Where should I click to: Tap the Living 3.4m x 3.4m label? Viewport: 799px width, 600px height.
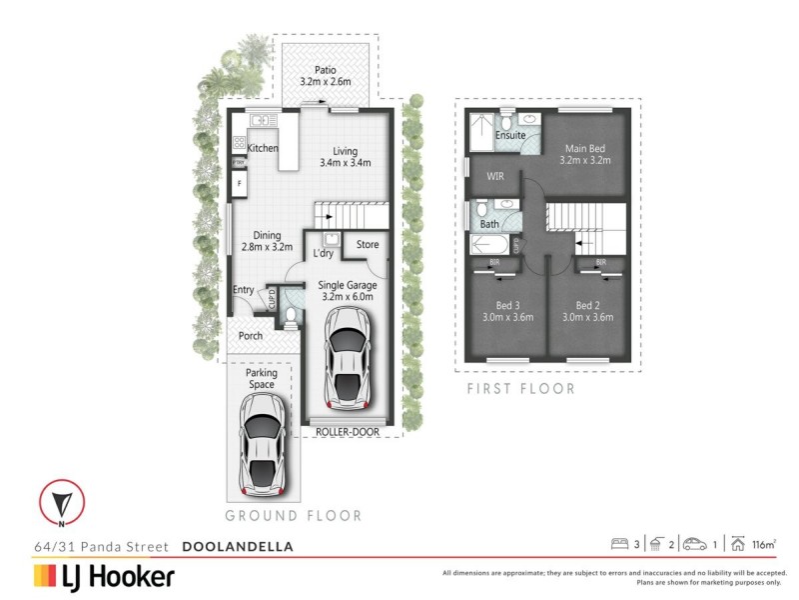345,155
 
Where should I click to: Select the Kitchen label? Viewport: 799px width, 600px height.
263,148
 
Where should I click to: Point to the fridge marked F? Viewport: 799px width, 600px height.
240,185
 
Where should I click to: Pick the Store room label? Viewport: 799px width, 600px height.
367,243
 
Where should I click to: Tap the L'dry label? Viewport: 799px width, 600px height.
324,254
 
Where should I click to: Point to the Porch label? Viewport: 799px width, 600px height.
251,336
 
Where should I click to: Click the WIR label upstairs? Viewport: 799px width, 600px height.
495,176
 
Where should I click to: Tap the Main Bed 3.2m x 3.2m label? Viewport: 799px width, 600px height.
583,154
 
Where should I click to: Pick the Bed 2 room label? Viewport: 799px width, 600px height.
585,311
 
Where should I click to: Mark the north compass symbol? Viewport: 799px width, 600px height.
62,502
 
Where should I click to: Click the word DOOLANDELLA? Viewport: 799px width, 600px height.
238,547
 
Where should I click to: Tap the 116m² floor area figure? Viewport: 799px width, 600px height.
765,545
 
